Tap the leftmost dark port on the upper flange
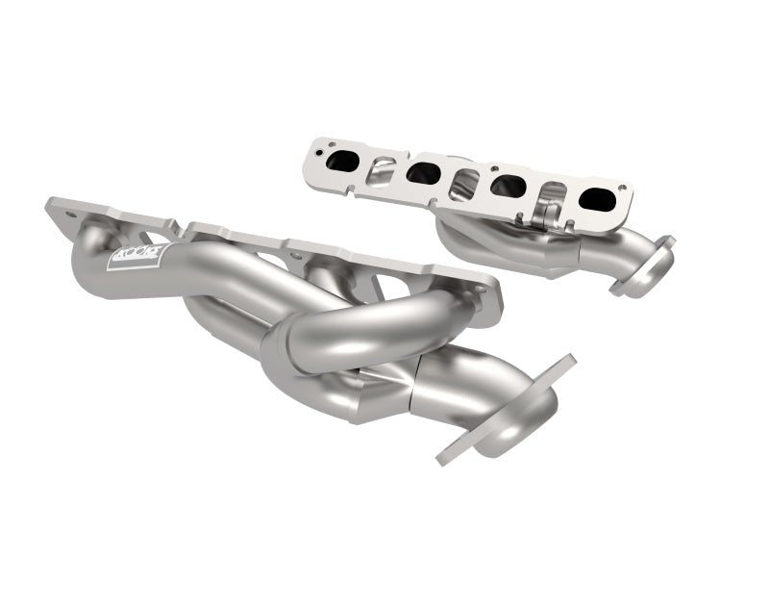(x=341, y=163)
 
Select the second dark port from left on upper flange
(x=423, y=173)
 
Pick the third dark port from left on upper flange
(x=506, y=186)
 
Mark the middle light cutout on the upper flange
(x=464, y=181)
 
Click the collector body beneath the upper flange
(x=500, y=245)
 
